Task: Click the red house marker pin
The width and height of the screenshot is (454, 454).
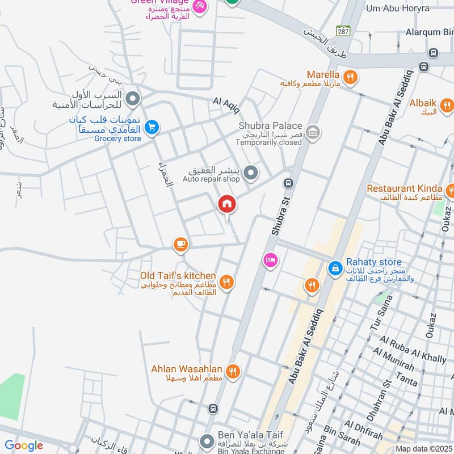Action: point(227,204)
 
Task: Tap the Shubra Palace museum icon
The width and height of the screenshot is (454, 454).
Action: point(312,133)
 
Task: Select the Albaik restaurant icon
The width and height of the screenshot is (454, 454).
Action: point(447,105)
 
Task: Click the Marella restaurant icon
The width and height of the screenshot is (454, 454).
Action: point(351,75)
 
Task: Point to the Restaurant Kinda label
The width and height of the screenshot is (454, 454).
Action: point(405,188)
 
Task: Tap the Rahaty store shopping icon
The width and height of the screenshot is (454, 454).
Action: point(335,266)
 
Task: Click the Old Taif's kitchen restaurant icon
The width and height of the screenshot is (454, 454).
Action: point(226,281)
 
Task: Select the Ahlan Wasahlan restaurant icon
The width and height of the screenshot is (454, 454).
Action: point(233,372)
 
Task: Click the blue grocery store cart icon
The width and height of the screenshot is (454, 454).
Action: point(151,128)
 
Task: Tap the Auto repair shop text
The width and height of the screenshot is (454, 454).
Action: point(211,179)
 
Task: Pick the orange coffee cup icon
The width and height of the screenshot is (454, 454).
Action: point(180,245)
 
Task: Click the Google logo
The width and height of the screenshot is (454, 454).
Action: point(24,445)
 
